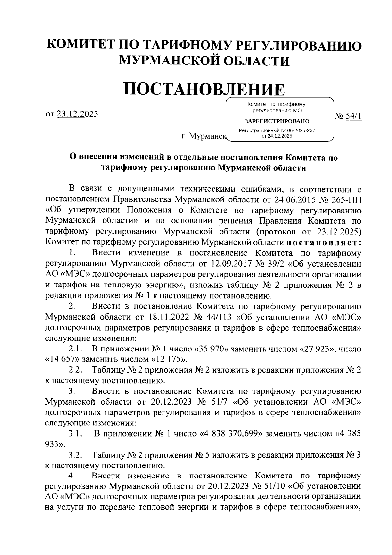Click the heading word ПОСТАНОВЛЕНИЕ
pyautogui.click(x=203, y=89)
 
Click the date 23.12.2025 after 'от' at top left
pyautogui.click(x=77, y=114)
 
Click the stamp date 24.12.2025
pyautogui.click(x=280, y=136)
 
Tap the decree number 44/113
pyautogui.click(x=217, y=317)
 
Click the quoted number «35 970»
pyautogui.click(x=211, y=349)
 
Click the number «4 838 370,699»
pyautogui.click(x=231, y=434)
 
